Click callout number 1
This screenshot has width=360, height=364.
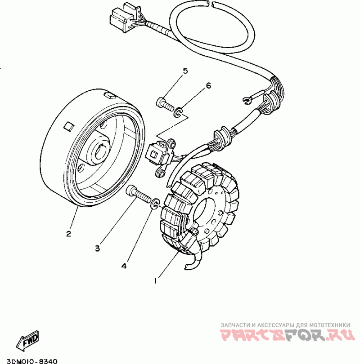coord(156,280)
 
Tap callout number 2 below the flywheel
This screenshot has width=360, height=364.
coord(68,234)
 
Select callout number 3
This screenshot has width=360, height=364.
coord(97,248)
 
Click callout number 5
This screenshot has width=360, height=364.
coord(184,71)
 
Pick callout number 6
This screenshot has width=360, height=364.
coord(208,85)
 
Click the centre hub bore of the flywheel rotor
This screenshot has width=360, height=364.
coord(100,152)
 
